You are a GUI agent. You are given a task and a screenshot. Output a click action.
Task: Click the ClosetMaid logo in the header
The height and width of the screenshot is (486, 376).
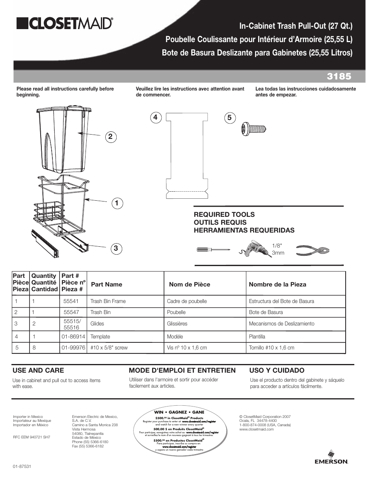coord(65,24)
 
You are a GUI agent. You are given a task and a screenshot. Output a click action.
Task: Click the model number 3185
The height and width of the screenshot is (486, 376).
coord(339,76)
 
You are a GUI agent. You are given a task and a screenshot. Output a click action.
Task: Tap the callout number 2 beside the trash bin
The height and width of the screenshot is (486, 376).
coord(110,137)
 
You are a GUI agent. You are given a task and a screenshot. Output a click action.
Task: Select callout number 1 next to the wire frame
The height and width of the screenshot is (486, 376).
coord(117,203)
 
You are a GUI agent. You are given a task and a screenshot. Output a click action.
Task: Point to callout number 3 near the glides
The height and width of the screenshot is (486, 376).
coord(116,248)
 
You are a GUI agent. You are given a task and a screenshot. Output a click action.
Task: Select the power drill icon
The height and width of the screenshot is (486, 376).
coord(255,249)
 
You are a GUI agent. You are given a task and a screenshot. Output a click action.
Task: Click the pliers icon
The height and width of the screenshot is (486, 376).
coord(312,250)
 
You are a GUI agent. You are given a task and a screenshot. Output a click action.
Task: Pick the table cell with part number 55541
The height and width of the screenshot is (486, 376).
coord(71,301)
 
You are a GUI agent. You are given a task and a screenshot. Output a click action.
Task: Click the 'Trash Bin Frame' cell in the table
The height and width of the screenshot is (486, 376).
coord(108,301)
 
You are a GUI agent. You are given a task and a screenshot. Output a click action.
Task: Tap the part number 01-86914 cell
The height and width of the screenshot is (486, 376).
coord(73,336)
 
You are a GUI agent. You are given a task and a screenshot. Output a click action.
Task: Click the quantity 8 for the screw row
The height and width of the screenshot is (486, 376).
coord(34,347)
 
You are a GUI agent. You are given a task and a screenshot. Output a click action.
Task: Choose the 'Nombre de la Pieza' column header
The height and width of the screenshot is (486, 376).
coord(277,284)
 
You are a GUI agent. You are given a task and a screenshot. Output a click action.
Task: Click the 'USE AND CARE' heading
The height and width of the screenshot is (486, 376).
coord(38,370)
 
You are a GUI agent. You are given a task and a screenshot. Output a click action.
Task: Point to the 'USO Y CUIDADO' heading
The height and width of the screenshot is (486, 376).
coord(277,370)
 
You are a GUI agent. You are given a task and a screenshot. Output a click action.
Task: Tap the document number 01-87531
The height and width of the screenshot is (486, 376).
coord(22,466)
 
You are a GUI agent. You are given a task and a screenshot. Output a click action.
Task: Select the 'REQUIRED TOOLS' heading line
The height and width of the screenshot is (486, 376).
coord(224,214)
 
